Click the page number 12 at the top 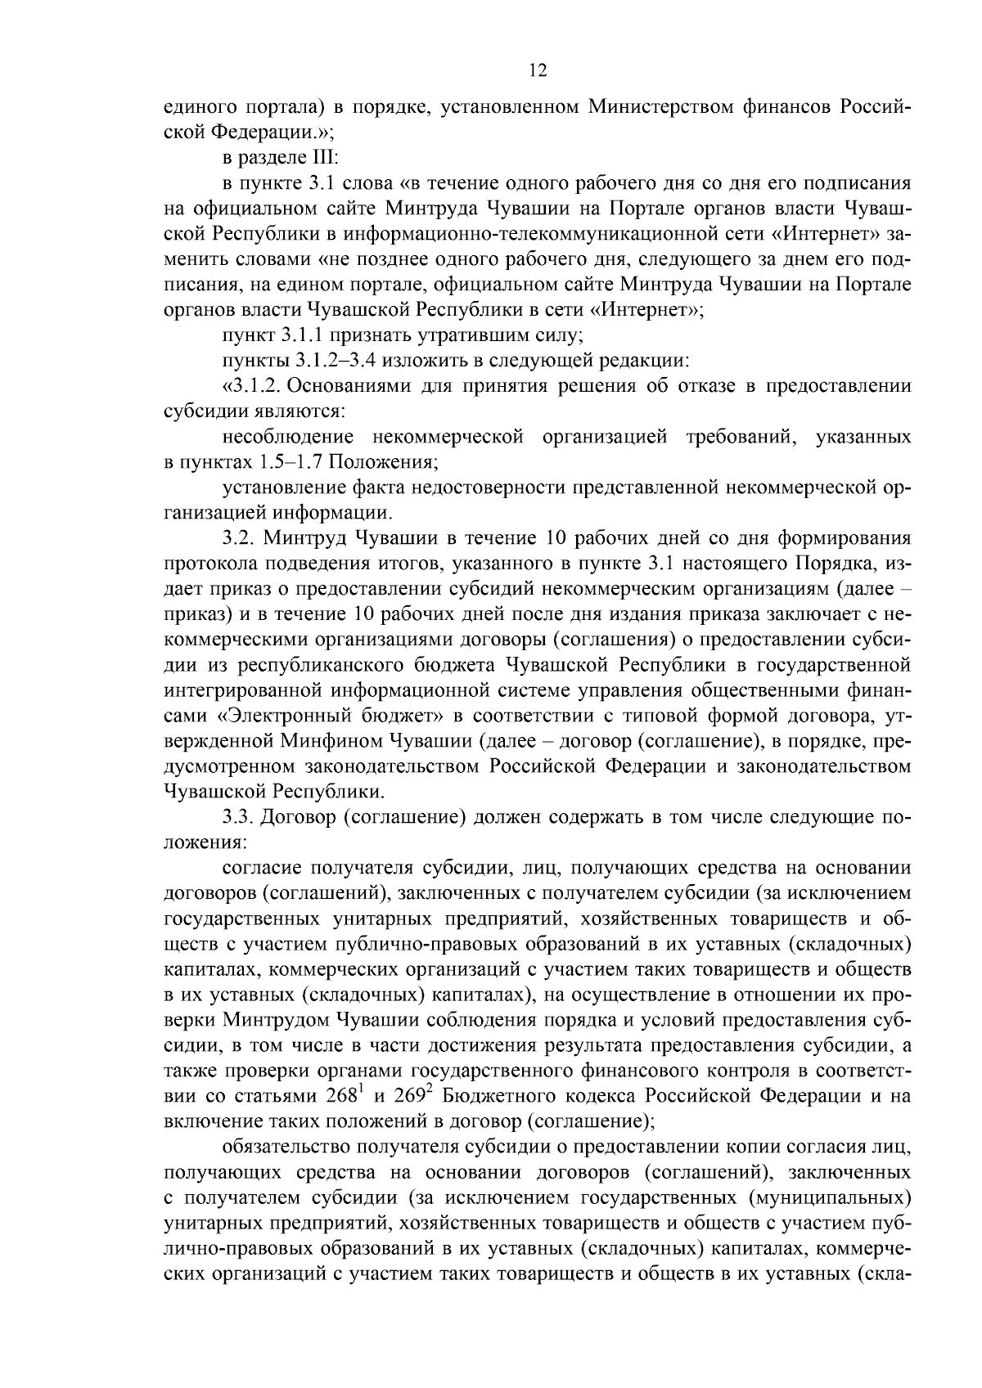538,70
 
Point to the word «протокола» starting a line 200,564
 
